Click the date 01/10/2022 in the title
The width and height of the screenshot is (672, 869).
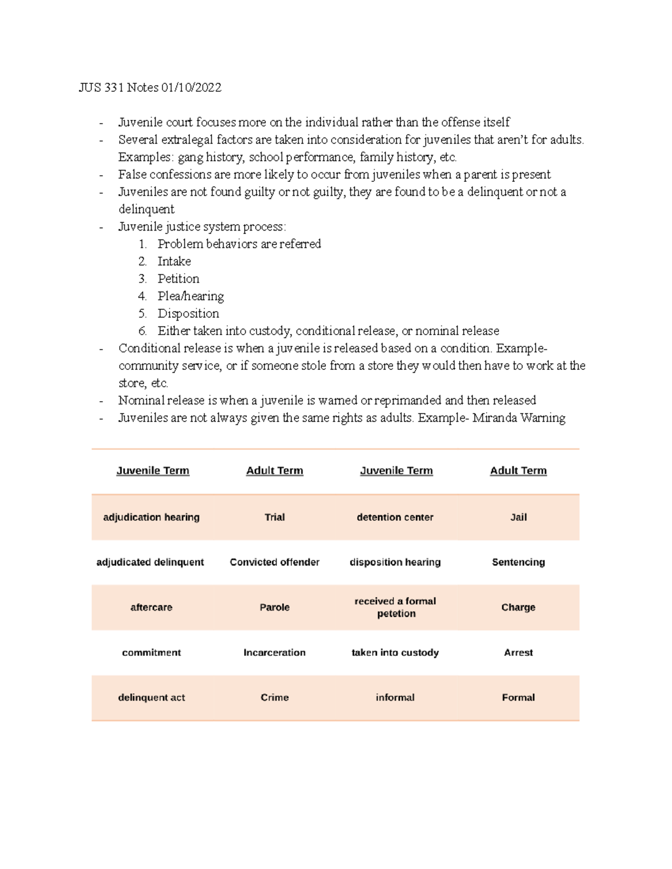point(191,87)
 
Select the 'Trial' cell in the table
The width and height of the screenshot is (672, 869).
point(274,517)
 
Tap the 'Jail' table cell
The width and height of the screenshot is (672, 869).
point(518,517)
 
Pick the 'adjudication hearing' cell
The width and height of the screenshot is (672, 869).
point(151,517)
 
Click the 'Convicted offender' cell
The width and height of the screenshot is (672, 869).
point(274,562)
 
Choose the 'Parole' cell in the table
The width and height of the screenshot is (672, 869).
point(274,607)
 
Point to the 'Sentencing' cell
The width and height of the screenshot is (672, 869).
point(518,562)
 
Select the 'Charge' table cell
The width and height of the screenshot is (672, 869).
point(518,607)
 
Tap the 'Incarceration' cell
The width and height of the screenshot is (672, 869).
point(274,652)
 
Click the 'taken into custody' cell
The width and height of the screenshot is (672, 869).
point(395,652)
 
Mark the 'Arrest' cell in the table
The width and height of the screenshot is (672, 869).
point(518,652)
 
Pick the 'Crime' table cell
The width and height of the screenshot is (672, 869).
point(274,697)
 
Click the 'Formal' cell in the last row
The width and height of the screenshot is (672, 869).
point(518,697)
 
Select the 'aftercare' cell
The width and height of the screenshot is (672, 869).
point(151,607)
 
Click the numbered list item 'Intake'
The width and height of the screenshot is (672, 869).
point(174,261)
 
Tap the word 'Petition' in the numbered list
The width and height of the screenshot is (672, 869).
point(178,279)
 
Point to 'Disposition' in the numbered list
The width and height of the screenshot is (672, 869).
point(188,313)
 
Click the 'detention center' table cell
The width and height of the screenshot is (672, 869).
point(395,517)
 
